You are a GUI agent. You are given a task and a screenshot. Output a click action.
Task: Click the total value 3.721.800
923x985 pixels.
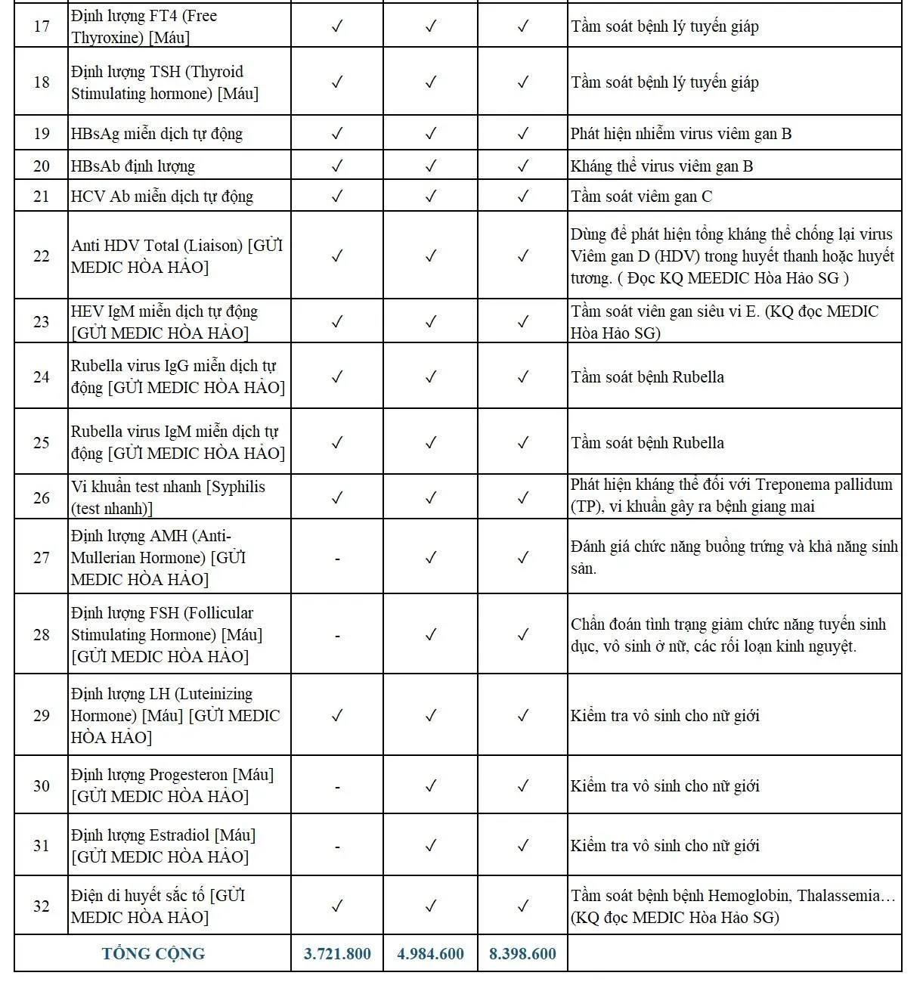(x=337, y=954)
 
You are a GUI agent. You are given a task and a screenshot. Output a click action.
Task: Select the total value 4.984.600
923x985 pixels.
(x=430, y=954)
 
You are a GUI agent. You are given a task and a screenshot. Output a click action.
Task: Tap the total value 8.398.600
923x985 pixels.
(x=522, y=954)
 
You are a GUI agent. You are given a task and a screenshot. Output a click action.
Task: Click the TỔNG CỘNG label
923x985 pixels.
(x=153, y=954)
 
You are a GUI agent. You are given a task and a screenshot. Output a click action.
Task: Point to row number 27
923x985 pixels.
(x=42, y=558)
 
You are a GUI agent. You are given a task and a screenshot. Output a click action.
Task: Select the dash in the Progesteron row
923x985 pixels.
(x=337, y=787)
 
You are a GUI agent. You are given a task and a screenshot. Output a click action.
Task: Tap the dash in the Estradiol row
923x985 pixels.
(x=337, y=847)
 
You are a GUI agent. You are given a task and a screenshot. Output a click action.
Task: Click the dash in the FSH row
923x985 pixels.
(x=337, y=636)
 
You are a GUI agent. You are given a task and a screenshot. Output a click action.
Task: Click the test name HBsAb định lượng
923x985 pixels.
(x=133, y=166)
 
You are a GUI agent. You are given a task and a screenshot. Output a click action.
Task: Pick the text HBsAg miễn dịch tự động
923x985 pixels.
(x=156, y=134)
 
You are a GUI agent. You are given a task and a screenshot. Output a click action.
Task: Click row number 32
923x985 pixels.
(x=42, y=906)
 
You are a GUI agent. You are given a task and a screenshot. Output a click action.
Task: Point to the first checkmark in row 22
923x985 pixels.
(x=337, y=256)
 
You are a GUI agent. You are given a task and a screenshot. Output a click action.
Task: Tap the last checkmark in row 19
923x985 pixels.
(x=522, y=134)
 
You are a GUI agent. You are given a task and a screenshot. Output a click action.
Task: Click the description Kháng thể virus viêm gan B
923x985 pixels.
(x=661, y=166)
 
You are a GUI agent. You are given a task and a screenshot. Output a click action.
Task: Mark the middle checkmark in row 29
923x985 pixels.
(x=430, y=716)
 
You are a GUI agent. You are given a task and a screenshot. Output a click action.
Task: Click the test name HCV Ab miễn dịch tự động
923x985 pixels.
(x=162, y=197)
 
